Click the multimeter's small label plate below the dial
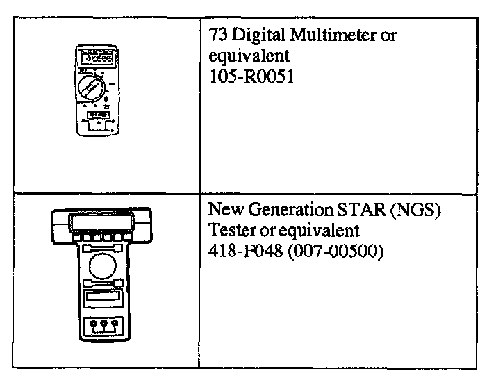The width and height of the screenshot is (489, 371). click(x=97, y=115)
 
